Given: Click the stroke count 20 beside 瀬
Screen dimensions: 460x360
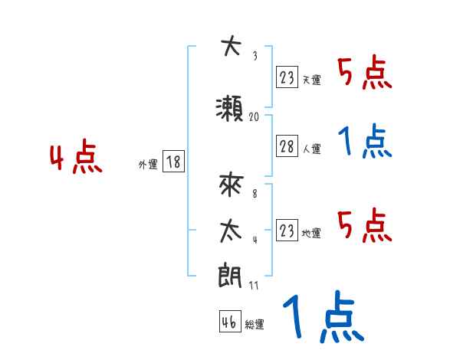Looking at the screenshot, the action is click(x=254, y=117).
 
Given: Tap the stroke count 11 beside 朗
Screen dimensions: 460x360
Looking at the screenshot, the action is click(x=254, y=286).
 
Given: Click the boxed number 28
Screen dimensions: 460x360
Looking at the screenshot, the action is click(x=287, y=146).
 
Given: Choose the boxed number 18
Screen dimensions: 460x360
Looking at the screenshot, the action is click(x=173, y=162).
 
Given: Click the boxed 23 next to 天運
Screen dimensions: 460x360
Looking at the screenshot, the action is click(x=287, y=77).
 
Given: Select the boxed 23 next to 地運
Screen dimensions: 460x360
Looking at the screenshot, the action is click(x=287, y=231).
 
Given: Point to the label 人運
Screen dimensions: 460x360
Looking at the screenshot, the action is click(x=311, y=149).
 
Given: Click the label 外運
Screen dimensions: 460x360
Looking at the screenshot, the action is click(x=147, y=164).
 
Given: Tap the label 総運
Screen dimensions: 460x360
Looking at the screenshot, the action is click(x=255, y=324).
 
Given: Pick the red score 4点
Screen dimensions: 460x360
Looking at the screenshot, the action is click(x=76, y=159).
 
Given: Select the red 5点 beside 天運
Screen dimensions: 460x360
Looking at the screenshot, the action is click(x=365, y=74).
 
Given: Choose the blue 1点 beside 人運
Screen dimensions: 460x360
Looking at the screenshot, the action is click(x=365, y=142).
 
